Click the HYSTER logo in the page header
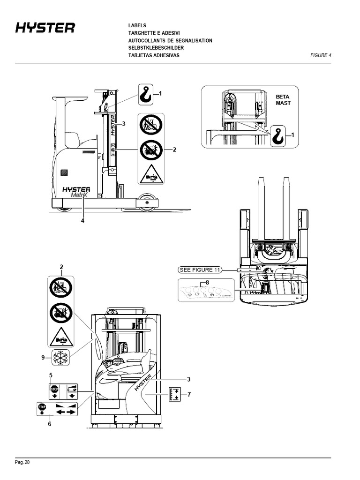pyautogui.click(x=45, y=29)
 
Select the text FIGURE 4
pyautogui.click(x=321, y=55)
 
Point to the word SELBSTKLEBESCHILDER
pyautogui.click(x=156, y=48)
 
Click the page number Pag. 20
pyautogui.click(x=22, y=463)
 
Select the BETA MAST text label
pyautogui.click(x=283, y=100)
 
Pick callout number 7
pyautogui.click(x=189, y=394)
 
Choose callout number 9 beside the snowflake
pyautogui.click(x=43, y=358)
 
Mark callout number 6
pyautogui.click(x=50, y=424)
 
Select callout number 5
pyautogui.click(x=51, y=375)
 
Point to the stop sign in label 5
pyautogui.click(x=54, y=389)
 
